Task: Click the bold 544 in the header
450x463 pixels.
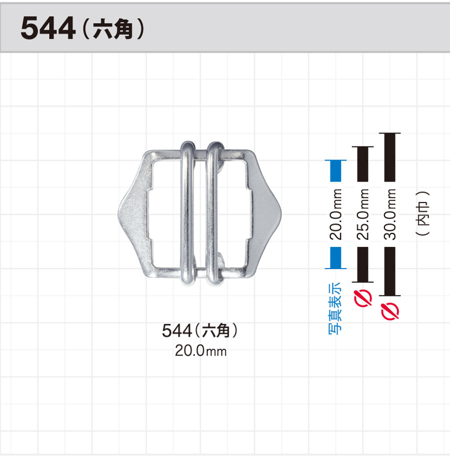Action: click(48, 28)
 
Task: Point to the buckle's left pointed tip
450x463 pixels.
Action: click(118, 213)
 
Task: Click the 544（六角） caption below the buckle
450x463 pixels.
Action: click(200, 330)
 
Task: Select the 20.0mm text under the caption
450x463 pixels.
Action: click(200, 351)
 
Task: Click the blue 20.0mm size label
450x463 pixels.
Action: click(335, 214)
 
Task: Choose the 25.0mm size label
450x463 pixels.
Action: click(363, 214)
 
